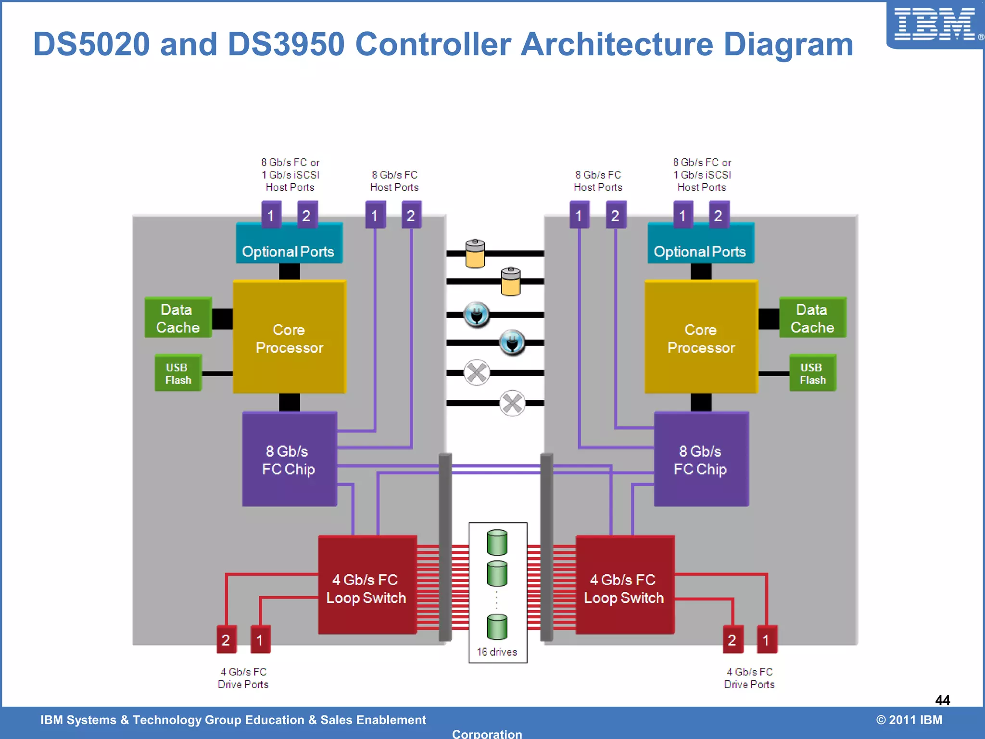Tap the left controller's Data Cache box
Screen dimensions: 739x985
(x=178, y=318)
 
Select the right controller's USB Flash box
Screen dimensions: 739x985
(x=812, y=373)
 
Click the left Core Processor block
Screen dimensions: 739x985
(x=289, y=337)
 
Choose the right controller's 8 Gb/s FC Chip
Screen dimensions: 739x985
(x=701, y=459)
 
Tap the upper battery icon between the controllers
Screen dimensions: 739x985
(x=475, y=254)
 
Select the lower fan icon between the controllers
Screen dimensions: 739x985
(x=512, y=403)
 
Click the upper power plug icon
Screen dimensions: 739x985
(x=477, y=315)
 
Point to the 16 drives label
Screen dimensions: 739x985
(x=497, y=652)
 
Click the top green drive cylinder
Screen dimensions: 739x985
(x=497, y=542)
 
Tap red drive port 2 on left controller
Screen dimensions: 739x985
(x=226, y=640)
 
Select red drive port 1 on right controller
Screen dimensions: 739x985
(x=767, y=640)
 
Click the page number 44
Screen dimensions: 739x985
(x=942, y=700)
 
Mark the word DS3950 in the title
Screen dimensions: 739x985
(x=286, y=44)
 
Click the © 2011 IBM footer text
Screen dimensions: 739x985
(x=909, y=720)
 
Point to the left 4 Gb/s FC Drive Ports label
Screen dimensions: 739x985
(x=243, y=678)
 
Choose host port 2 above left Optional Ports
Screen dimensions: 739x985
(x=307, y=216)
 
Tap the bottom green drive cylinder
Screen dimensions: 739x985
(x=497, y=626)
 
